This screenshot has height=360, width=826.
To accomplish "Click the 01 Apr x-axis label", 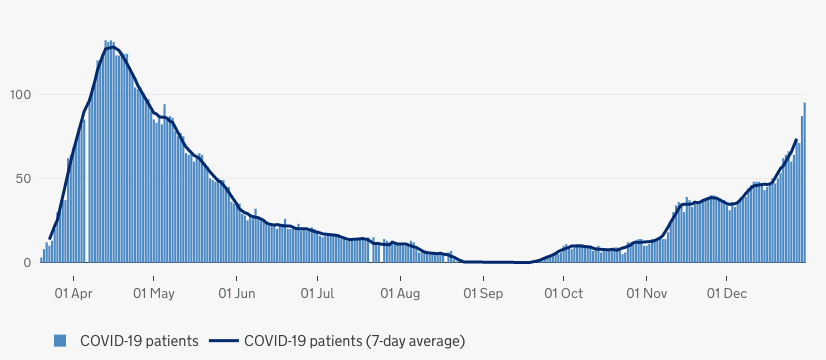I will pyautogui.click(x=74, y=294).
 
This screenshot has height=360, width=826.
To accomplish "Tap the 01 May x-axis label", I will pyautogui.click(x=154, y=294).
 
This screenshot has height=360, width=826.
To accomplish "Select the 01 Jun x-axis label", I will pyautogui.click(x=236, y=294).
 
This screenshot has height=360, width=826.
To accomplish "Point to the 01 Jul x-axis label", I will pyautogui.click(x=317, y=294).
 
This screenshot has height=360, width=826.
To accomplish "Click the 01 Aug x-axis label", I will pyautogui.click(x=400, y=294).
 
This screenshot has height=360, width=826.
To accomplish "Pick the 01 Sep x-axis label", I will pyautogui.click(x=483, y=294).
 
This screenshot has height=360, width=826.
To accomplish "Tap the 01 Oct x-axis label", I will pyautogui.click(x=564, y=294).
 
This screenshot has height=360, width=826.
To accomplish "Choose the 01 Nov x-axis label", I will pyautogui.click(x=647, y=294).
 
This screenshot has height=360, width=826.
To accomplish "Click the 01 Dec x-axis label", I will pyautogui.click(x=728, y=294).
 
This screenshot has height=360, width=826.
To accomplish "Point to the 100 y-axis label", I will pyautogui.click(x=21, y=95).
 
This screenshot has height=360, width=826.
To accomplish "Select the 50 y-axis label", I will pyautogui.click(x=25, y=179).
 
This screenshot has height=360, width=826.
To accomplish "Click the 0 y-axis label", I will pyautogui.click(x=29, y=263).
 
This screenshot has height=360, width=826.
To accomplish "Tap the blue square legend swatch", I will pyautogui.click(x=60, y=341).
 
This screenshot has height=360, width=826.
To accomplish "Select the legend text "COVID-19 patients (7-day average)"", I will pyautogui.click(x=354, y=341).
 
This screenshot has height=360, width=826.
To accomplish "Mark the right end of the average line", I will pyautogui.click(x=796, y=140).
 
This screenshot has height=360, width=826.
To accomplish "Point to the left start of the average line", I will pyautogui.click(x=49, y=238).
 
